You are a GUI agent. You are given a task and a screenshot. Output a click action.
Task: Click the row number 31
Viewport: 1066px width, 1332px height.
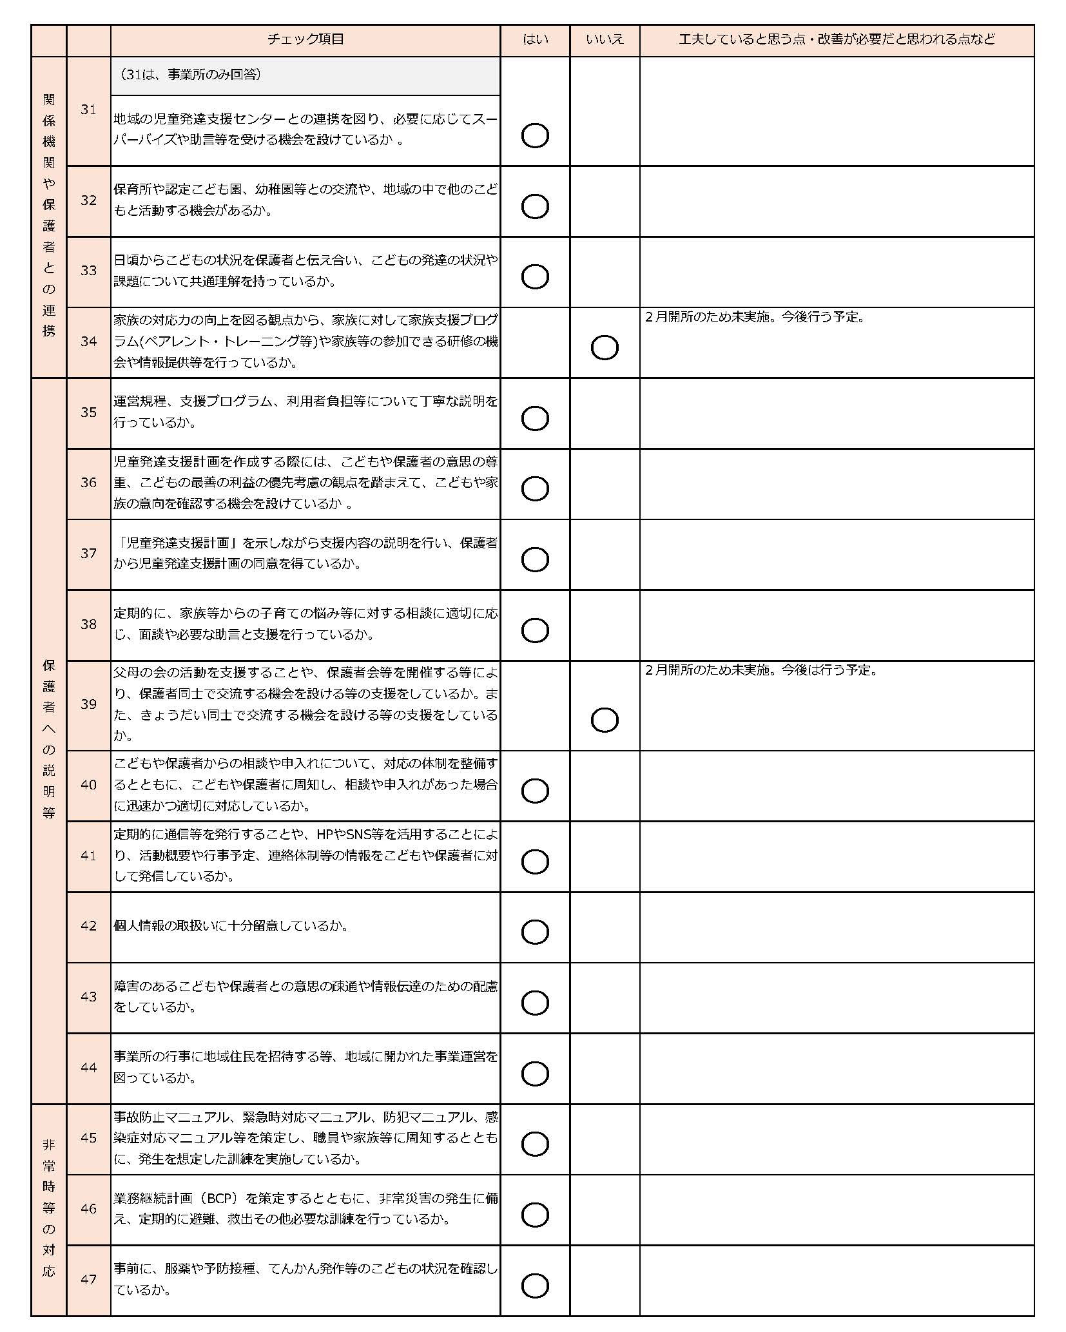[x=88, y=110]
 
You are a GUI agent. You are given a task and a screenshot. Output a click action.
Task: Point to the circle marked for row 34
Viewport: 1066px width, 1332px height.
[x=605, y=348]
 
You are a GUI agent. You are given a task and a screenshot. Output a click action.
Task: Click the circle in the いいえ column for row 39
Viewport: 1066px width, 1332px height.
[x=605, y=720]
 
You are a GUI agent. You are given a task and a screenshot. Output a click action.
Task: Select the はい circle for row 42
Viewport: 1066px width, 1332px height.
[x=535, y=932]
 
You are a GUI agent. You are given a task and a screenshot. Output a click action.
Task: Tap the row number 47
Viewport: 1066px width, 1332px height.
[x=88, y=1280]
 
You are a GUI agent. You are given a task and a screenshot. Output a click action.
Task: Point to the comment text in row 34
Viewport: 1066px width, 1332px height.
[x=755, y=318]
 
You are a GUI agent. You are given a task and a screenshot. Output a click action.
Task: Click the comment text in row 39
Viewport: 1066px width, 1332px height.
[x=761, y=670]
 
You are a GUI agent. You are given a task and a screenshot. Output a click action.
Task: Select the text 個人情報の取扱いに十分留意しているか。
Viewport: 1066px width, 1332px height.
[x=231, y=926]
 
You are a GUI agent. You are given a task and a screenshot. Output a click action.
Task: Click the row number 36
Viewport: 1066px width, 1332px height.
[x=88, y=483]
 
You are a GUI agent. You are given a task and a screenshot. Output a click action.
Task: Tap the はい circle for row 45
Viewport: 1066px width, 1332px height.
[x=535, y=1144]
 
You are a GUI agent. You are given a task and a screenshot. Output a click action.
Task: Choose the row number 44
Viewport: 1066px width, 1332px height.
[x=88, y=1068]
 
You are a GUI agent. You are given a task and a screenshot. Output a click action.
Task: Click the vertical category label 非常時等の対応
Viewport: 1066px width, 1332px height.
[x=49, y=1208]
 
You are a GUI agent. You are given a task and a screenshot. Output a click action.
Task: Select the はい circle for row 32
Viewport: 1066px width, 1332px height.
[x=535, y=206]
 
